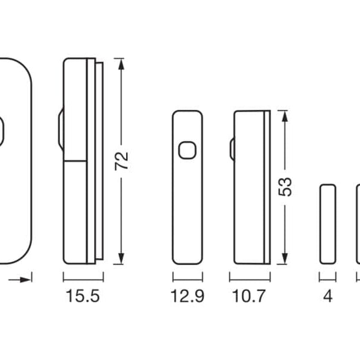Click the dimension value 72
[121, 161]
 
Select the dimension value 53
[284, 187]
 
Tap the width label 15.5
[83, 296]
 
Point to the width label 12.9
[187, 296]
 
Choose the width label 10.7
[249, 296]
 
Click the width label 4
[328, 296]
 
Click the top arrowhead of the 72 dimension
[121, 64]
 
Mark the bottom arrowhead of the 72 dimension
[121, 259]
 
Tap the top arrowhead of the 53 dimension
[284, 116]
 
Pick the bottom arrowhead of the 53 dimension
[284, 259]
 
